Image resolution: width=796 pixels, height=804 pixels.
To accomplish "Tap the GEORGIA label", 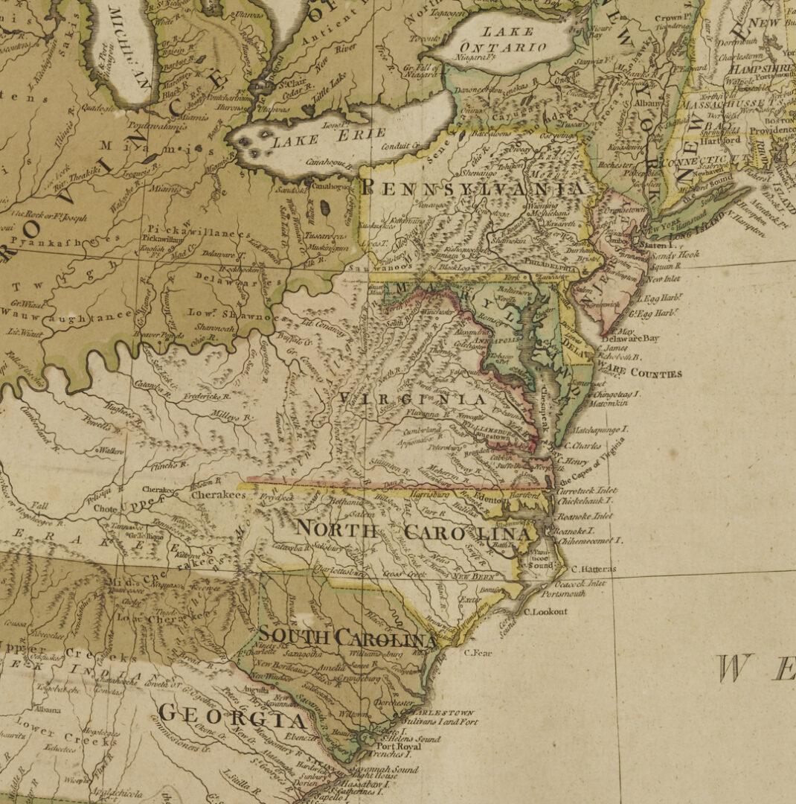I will pos(232,717).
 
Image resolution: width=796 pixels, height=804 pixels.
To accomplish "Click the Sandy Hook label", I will pos(675,254).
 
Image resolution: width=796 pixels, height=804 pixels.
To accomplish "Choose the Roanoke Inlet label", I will pos(585,516).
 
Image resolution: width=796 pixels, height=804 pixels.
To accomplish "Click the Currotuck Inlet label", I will pos(587,492).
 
